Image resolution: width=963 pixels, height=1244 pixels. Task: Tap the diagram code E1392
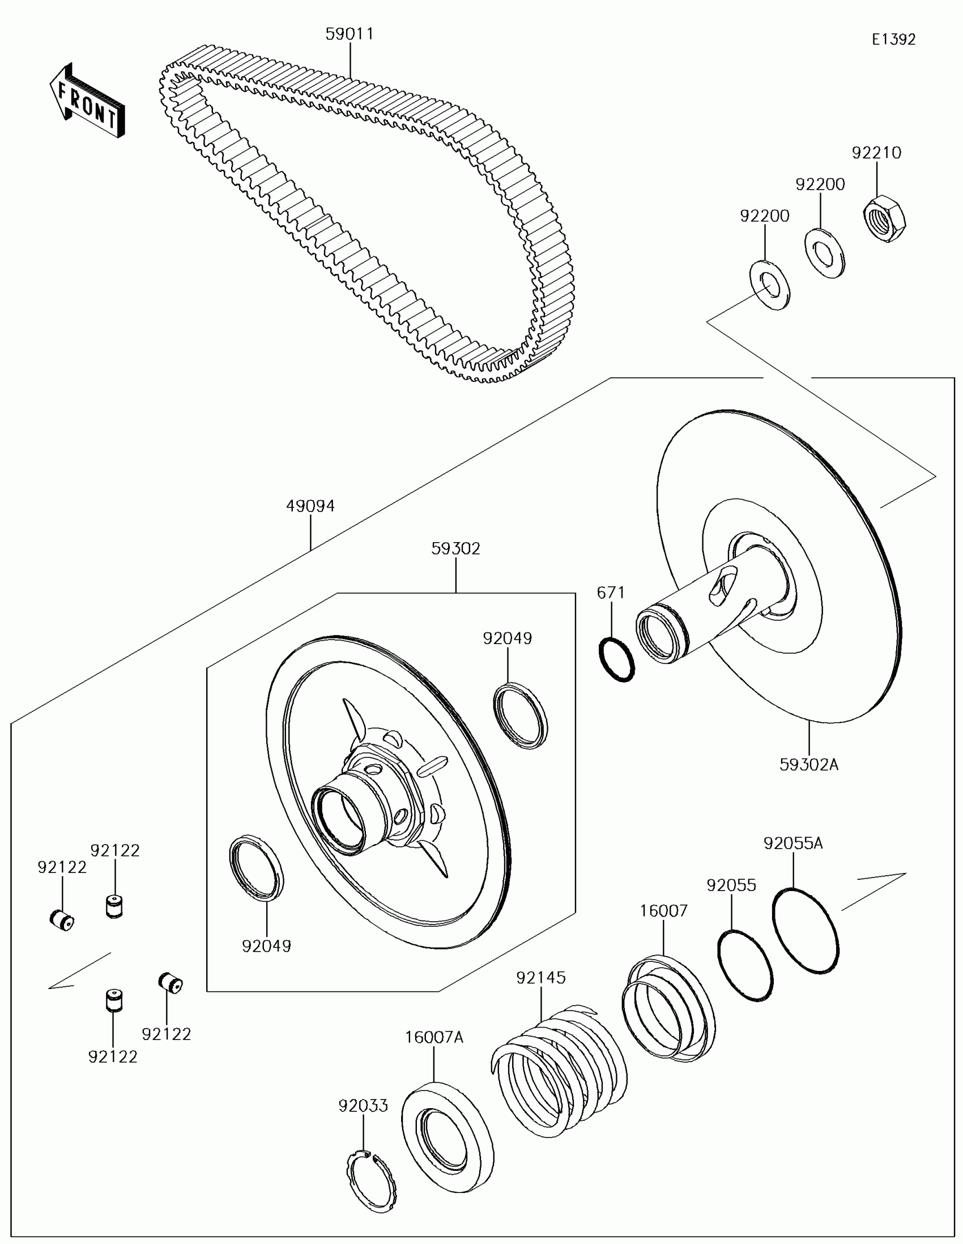pyautogui.click(x=893, y=39)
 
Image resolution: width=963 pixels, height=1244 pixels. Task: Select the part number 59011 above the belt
pyautogui.click(x=350, y=34)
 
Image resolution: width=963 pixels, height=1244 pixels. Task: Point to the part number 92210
pyautogui.click(x=876, y=152)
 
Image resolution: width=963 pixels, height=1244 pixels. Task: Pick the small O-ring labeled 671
pyautogui.click(x=617, y=660)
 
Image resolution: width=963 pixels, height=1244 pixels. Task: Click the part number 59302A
pyautogui.click(x=809, y=764)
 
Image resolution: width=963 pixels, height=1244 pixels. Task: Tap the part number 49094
pyautogui.click(x=310, y=506)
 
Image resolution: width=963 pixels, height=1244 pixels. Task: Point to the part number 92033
pyautogui.click(x=363, y=1106)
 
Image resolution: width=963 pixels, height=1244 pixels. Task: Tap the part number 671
pyautogui.click(x=611, y=593)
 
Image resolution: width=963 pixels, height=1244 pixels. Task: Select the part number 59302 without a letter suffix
pyautogui.click(x=455, y=548)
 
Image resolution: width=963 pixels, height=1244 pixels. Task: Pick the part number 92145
pyautogui.click(x=541, y=977)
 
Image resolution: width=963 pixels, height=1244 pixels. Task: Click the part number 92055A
pyautogui.click(x=792, y=843)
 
